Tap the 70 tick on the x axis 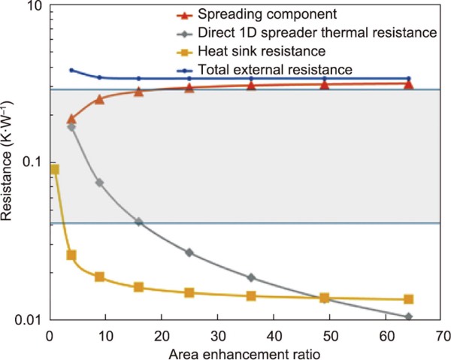point(443,334)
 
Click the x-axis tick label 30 point(217,334)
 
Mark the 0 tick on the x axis point(48,334)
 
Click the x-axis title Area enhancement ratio point(244,351)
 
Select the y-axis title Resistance point(9,163)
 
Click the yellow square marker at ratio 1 point(54,170)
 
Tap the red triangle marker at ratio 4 point(71,119)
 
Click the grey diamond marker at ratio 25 point(189,253)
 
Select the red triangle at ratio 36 point(251,86)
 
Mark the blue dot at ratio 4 point(71,70)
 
